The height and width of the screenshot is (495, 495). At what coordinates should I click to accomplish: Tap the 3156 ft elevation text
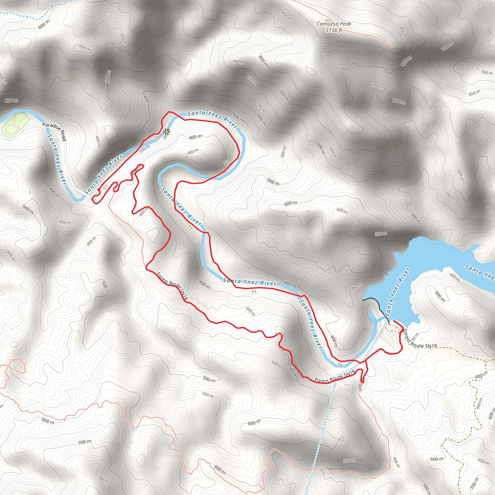(x=334, y=30)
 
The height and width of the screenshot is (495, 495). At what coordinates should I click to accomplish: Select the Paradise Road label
(x=55, y=131)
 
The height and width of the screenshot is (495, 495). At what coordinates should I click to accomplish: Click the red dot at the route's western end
(x=99, y=190)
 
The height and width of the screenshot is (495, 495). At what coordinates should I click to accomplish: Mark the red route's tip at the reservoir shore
(x=394, y=321)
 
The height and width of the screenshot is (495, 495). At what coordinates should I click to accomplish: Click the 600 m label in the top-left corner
(x=44, y=24)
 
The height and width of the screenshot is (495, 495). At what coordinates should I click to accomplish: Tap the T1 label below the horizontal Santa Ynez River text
(x=254, y=292)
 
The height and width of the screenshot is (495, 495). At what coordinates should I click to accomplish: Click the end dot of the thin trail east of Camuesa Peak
(x=393, y=46)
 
